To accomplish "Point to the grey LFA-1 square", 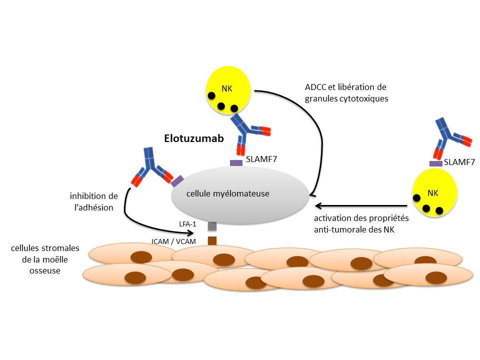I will pyautogui.click(x=212, y=226).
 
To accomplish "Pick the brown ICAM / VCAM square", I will pyautogui.click(x=212, y=240).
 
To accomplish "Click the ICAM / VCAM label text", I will pyautogui.click(x=173, y=241).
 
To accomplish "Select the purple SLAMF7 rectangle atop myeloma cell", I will pyautogui.click(x=236, y=162).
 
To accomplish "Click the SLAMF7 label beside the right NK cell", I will pyautogui.click(x=459, y=162).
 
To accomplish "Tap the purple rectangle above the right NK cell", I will pyautogui.click(x=436, y=163).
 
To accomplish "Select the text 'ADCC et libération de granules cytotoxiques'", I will pyautogui.click(x=346, y=92).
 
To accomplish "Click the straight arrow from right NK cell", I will pyautogui.click(x=360, y=205).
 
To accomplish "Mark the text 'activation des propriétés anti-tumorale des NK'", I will pyautogui.click(x=361, y=223).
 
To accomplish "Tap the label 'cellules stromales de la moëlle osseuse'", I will pyautogui.click(x=45, y=259).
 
